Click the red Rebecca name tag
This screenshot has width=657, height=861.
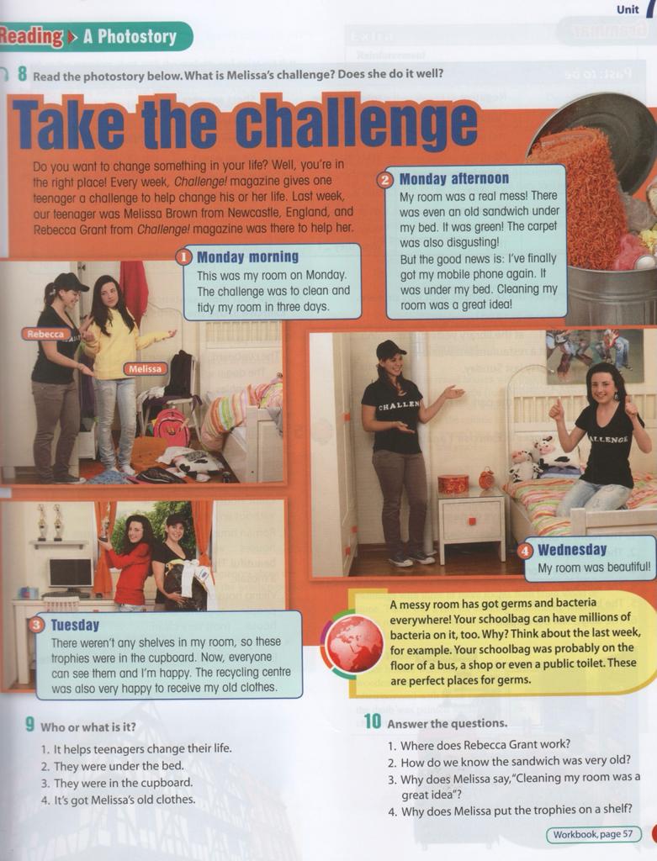[x=45, y=334]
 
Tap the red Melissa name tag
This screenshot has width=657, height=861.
[x=145, y=369]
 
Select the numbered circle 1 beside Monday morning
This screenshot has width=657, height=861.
[x=183, y=257]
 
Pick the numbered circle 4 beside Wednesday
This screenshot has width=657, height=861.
[x=526, y=551]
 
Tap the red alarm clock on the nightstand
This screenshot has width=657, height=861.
[x=486, y=478]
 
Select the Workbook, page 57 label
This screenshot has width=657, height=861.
[x=593, y=835]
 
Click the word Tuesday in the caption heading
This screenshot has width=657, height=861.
[x=75, y=626]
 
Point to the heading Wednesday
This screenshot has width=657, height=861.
[x=572, y=550]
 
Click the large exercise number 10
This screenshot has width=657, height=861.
[x=373, y=721]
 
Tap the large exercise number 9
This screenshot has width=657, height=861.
[x=30, y=725]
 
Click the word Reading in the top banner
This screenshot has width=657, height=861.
[x=31, y=37]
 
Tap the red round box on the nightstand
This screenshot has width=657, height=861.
[x=453, y=483]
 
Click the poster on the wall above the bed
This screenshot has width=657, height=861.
[x=595, y=356]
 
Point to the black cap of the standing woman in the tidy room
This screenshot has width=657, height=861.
[x=390, y=348]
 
